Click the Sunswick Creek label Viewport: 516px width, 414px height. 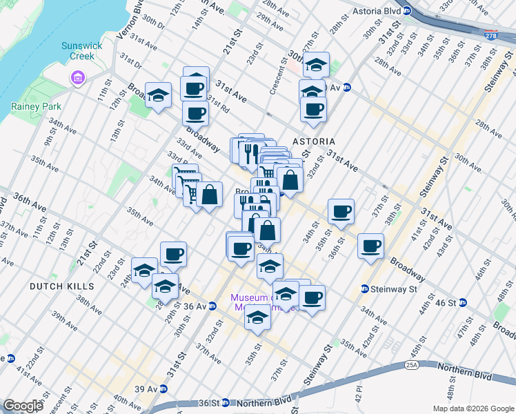coord(82,50)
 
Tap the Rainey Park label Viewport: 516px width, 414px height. coord(36,106)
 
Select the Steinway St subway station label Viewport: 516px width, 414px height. coord(392,288)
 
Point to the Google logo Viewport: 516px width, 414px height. coord(23,406)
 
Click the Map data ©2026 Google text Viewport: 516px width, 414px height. coord(473,408)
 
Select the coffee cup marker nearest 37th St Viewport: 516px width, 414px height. coord(371,245)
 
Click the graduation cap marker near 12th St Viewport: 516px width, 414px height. coord(158,95)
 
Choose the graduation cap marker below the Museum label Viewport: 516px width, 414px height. coord(258,318)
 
